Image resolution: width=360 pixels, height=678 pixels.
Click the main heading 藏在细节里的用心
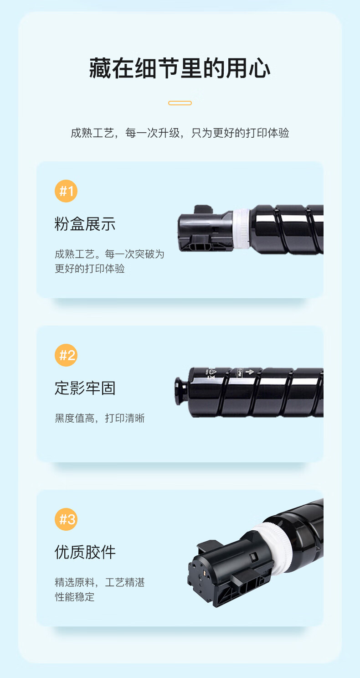180,68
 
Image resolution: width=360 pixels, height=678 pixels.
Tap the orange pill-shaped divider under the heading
180,103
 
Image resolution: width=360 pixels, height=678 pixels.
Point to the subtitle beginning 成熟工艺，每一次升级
180,133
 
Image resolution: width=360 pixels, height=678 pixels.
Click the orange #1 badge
66,191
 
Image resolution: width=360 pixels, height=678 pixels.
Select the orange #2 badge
66,355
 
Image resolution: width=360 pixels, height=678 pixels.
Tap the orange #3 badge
66,519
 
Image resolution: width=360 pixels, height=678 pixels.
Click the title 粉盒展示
85,224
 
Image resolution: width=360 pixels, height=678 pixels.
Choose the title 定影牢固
85,388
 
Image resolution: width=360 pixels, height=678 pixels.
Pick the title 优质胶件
85,552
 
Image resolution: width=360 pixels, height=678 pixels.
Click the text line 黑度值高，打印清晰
100,418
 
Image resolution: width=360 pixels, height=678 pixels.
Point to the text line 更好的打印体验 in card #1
90,269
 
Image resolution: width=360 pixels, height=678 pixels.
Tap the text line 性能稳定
75,597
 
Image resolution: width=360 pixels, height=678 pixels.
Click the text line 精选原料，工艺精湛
100,582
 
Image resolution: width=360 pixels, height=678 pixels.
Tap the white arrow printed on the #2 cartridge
250,372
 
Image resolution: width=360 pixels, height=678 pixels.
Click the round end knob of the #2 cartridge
181,391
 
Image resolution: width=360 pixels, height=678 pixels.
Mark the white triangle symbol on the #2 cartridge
212,371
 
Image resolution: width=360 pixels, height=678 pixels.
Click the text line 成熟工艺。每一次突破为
109,254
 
